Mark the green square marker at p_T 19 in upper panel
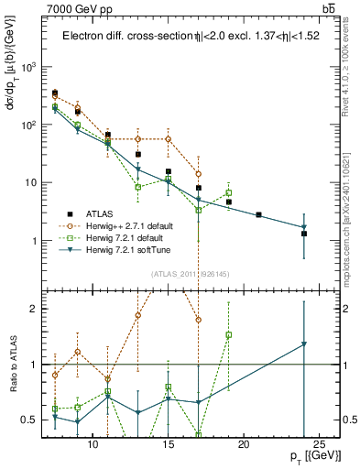[x=229, y=192]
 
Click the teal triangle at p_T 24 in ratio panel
[x=304, y=344]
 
